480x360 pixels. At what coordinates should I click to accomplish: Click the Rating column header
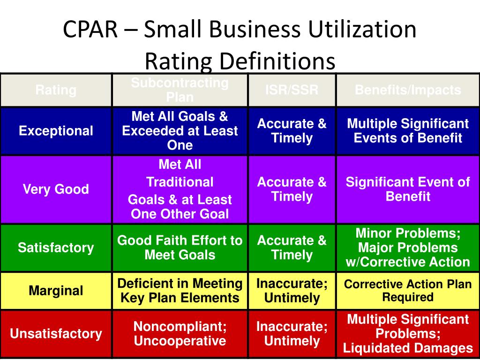[x=56, y=90]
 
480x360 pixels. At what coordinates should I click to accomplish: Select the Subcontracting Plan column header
[x=180, y=90]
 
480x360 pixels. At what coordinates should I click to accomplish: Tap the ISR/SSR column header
[x=292, y=90]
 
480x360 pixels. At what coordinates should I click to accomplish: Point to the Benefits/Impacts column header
[x=408, y=90]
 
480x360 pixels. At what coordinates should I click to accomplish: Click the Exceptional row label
[x=56, y=131]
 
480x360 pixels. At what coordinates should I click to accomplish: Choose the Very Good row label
[x=56, y=189]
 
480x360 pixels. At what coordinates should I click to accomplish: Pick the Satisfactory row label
[x=56, y=247]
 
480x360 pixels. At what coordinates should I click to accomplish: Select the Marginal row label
[x=56, y=291]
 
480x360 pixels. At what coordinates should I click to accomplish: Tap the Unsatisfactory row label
[x=56, y=334]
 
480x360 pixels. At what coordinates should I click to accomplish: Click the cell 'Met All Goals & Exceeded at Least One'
[x=180, y=131]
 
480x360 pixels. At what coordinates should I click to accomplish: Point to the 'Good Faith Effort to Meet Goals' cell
[x=180, y=247]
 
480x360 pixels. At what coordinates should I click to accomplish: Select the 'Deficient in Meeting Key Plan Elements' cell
[x=180, y=291]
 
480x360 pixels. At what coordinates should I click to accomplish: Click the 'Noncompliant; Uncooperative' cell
[x=180, y=334]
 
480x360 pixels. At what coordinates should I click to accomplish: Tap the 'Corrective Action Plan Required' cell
[x=408, y=291]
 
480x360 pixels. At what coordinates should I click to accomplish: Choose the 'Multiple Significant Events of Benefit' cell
[x=408, y=131]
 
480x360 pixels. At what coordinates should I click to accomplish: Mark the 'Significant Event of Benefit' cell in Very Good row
[x=408, y=189]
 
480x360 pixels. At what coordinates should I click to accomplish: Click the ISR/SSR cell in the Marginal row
[x=292, y=291]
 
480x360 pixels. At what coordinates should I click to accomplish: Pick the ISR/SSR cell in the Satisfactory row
[x=292, y=247]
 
